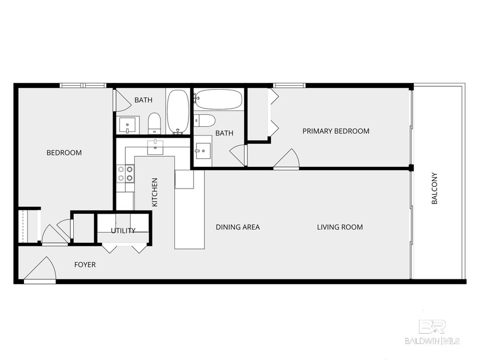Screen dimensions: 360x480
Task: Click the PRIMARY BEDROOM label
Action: (335, 131)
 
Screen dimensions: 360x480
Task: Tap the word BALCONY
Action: (434, 189)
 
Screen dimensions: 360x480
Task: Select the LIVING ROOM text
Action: (340, 227)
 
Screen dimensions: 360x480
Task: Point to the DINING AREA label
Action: (238, 227)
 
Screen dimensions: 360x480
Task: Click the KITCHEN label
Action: (154, 192)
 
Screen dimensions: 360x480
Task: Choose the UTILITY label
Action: (123, 231)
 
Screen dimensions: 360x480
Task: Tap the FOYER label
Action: (85, 265)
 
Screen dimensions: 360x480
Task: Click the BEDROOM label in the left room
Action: (64, 153)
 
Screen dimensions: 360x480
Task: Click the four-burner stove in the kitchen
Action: (125, 173)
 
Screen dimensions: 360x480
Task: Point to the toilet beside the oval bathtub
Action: (154, 122)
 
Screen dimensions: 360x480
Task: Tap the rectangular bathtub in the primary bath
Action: (218, 100)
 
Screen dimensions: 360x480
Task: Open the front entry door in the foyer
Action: (40, 271)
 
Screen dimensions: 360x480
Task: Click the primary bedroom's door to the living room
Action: (286, 159)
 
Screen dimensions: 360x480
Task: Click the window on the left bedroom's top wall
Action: (83, 86)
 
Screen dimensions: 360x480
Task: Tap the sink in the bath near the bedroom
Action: (127, 124)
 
